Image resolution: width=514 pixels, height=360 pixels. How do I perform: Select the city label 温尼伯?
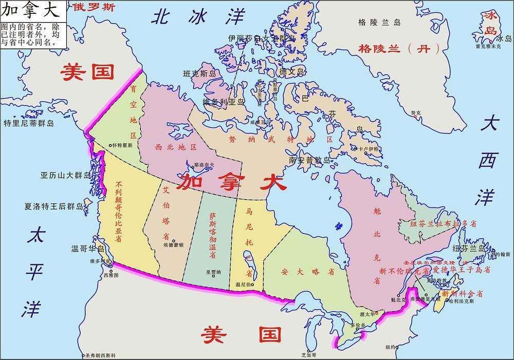click(x=243, y=284)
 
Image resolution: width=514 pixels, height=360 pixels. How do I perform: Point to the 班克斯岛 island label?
click(x=202, y=74)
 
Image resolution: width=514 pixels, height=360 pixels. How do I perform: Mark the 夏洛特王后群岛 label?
click(x=54, y=207)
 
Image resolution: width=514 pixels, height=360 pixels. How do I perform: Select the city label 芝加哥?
click(x=309, y=355)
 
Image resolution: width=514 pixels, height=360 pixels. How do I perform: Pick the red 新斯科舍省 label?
click(x=462, y=294)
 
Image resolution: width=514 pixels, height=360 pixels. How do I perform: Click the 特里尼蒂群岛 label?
click(x=29, y=123)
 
